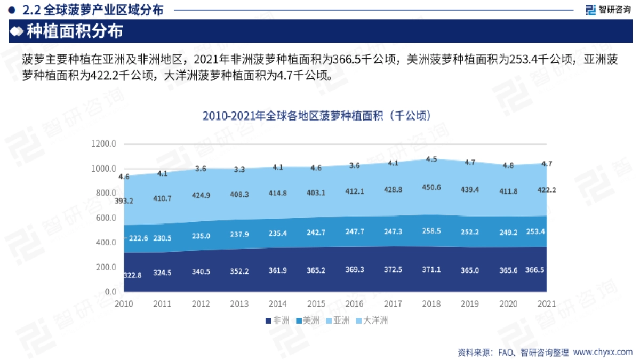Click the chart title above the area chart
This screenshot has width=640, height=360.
(317, 116)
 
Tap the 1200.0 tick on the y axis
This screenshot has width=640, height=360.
(103, 144)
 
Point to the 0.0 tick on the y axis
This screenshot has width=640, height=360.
(110, 292)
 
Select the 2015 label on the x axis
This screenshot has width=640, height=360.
(317, 303)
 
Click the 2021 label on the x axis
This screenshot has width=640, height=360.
(546, 303)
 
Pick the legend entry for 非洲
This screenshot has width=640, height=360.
(277, 321)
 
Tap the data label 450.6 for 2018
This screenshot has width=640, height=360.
(431, 187)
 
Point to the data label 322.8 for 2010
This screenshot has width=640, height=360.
(132, 275)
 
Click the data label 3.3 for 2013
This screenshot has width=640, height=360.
(239, 170)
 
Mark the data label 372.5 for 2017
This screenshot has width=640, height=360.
(393, 270)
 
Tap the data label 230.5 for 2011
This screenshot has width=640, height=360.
(162, 238)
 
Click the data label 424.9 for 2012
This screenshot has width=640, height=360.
(201, 195)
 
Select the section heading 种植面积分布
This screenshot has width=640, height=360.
(75, 31)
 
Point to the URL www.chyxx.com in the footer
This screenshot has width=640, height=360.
(602, 353)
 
